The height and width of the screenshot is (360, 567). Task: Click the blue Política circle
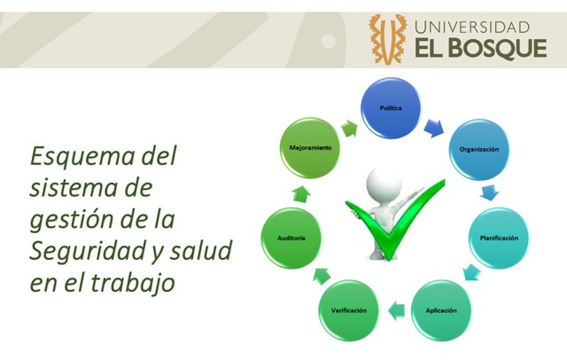pyautogui.click(x=391, y=109)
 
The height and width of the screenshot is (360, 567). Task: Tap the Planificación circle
pyautogui.click(x=499, y=239)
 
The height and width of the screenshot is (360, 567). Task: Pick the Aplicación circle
pyautogui.click(x=441, y=310)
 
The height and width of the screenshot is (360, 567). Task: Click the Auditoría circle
pyautogui.click(x=292, y=239)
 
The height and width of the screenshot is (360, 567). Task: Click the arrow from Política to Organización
pyautogui.click(x=434, y=129)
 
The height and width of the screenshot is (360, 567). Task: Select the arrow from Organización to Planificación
pyautogui.click(x=488, y=192)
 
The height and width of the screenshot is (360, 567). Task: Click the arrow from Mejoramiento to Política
pyautogui.click(x=348, y=128)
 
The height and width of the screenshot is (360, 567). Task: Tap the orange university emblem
pyautogui.click(x=387, y=38)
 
